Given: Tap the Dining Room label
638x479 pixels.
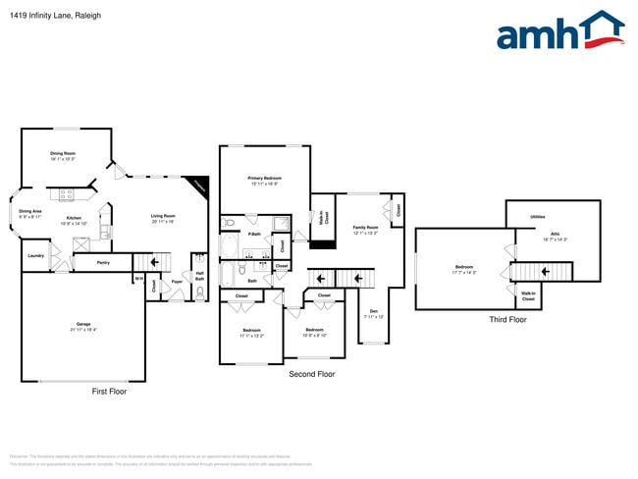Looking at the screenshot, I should click(x=64, y=153).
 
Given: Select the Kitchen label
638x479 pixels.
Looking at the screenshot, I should click(x=74, y=218).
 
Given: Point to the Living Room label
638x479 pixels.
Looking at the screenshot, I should click(x=163, y=216).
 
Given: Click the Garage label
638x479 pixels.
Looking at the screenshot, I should click(x=83, y=324).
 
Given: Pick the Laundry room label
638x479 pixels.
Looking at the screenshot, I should click(x=35, y=255).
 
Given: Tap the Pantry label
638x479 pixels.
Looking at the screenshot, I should click(x=103, y=262).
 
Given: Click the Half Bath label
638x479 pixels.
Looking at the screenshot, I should click(x=199, y=276).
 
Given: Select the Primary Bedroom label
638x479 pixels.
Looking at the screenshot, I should click(x=264, y=178).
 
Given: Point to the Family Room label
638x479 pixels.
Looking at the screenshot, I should click(x=365, y=228).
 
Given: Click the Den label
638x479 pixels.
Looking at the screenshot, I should click(x=371, y=312).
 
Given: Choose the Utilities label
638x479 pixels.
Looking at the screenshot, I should click(x=537, y=217).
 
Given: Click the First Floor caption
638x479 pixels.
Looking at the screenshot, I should click(x=109, y=391).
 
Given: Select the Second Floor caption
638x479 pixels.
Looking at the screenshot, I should click(x=311, y=374).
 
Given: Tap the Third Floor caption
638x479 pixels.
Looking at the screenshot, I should click(x=507, y=319).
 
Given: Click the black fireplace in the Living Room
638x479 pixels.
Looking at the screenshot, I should click(x=198, y=186).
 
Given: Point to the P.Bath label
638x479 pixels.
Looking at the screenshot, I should click(x=254, y=234).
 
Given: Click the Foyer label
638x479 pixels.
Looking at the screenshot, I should click(x=178, y=282).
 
